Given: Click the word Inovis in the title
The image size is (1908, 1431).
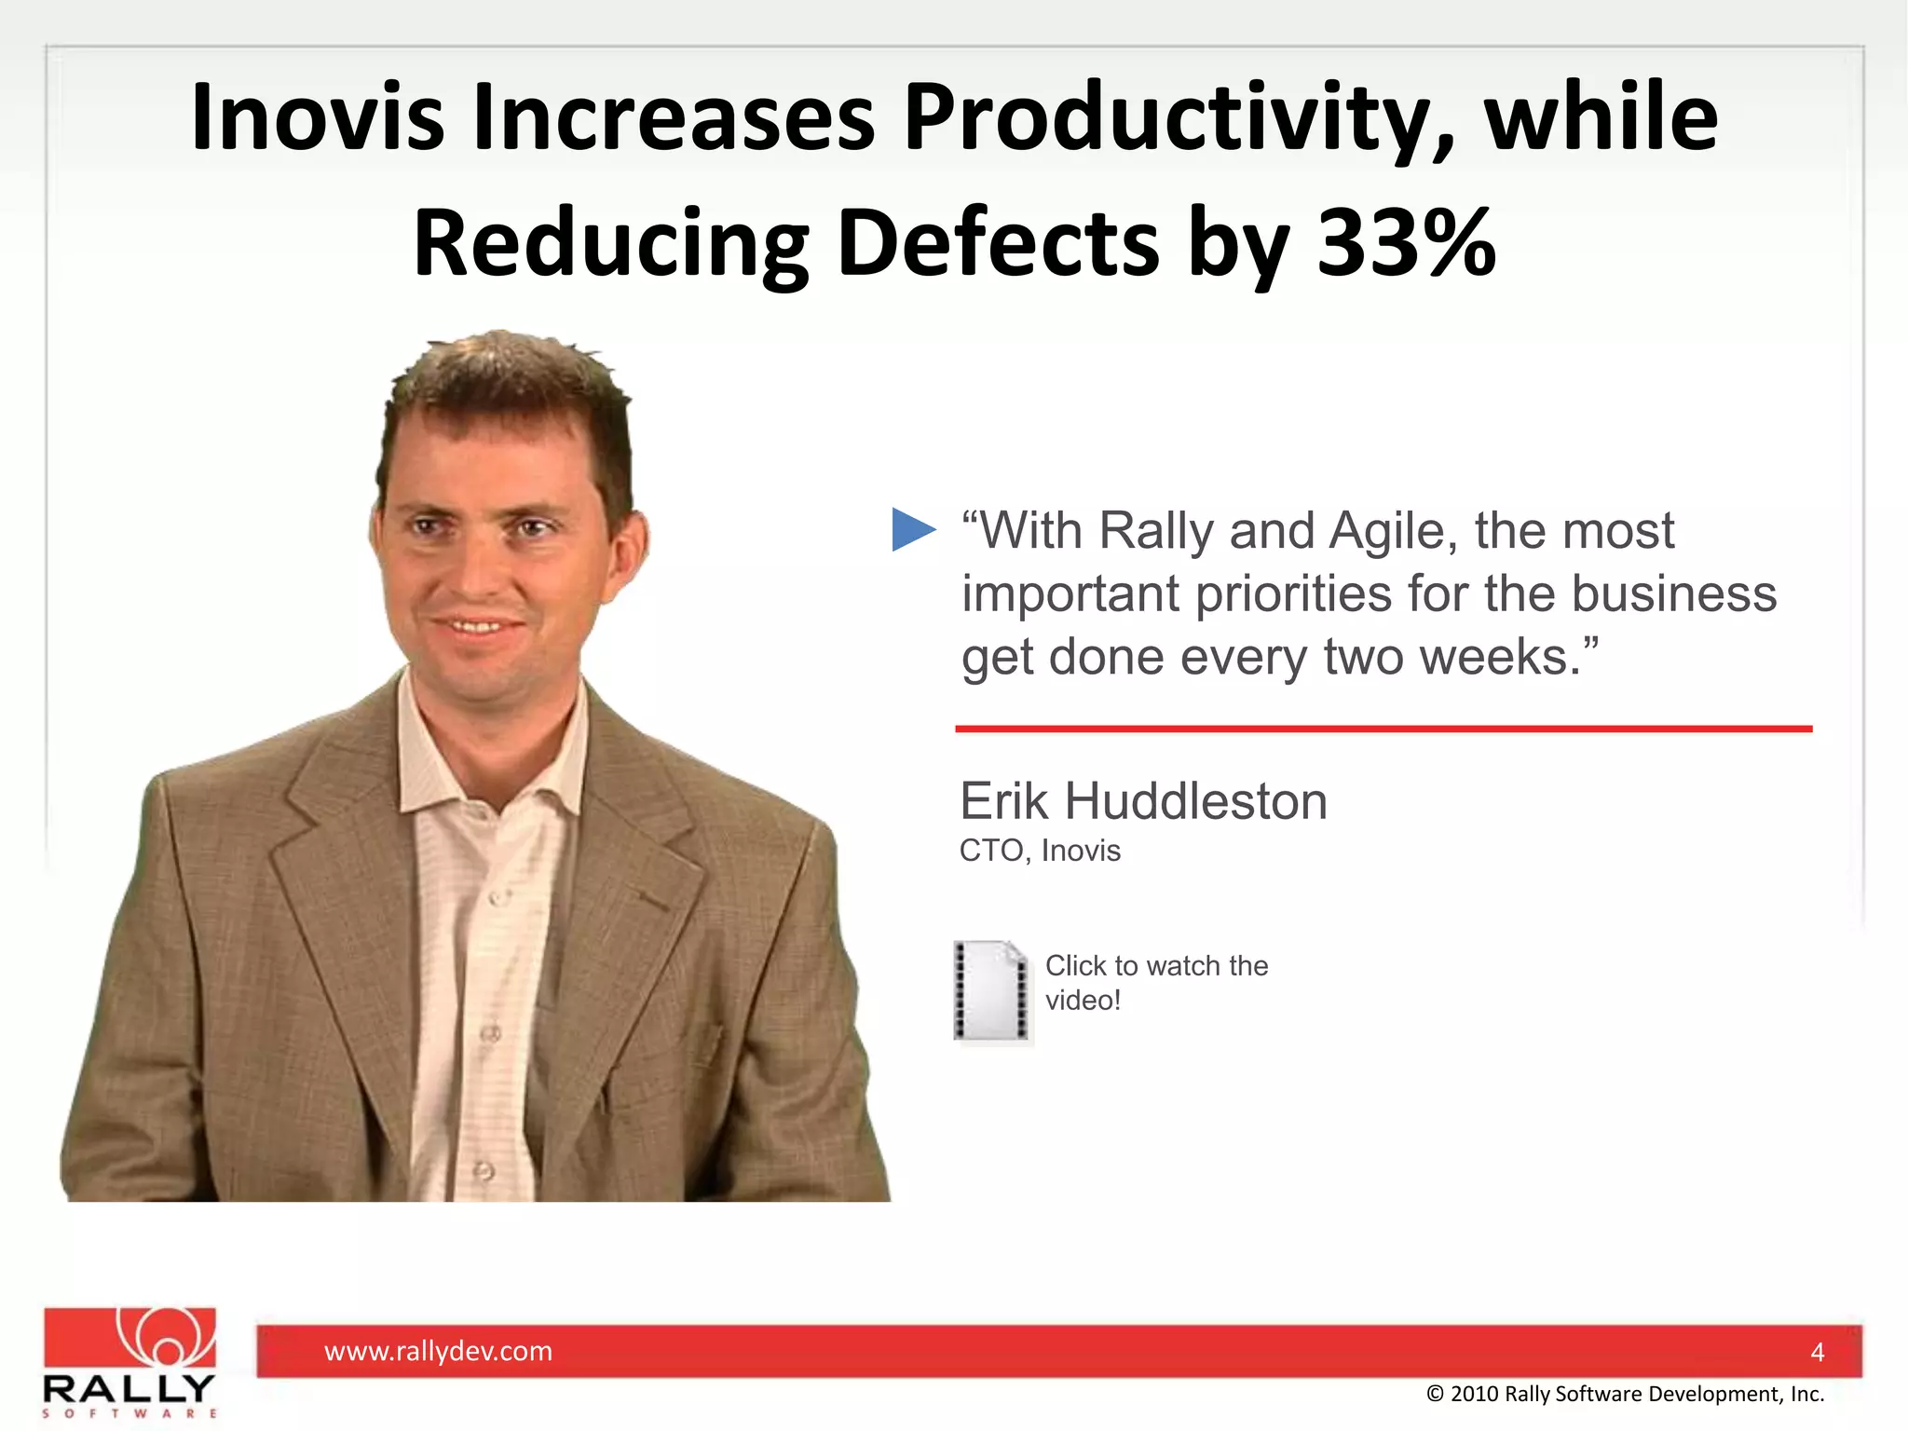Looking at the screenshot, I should pyautogui.click(x=317, y=117).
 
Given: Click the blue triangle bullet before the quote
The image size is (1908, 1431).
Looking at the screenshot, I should pyautogui.click(x=911, y=529).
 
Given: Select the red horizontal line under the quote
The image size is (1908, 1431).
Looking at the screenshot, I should pyautogui.click(x=1383, y=729).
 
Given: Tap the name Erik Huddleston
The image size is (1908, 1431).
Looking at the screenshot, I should pyautogui.click(x=1143, y=801).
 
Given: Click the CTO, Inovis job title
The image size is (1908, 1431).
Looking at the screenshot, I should pyautogui.click(x=1040, y=851).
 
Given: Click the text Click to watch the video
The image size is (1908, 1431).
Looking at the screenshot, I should pyautogui.click(x=1155, y=982).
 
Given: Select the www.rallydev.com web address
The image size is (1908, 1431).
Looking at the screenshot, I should pyautogui.click(x=438, y=1351).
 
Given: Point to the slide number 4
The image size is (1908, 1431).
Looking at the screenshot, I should pyautogui.click(x=1817, y=1352).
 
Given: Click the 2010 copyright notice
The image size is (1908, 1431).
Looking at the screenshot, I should pyautogui.click(x=1625, y=1394).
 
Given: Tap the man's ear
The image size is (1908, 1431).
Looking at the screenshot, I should pyautogui.click(x=627, y=550).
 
